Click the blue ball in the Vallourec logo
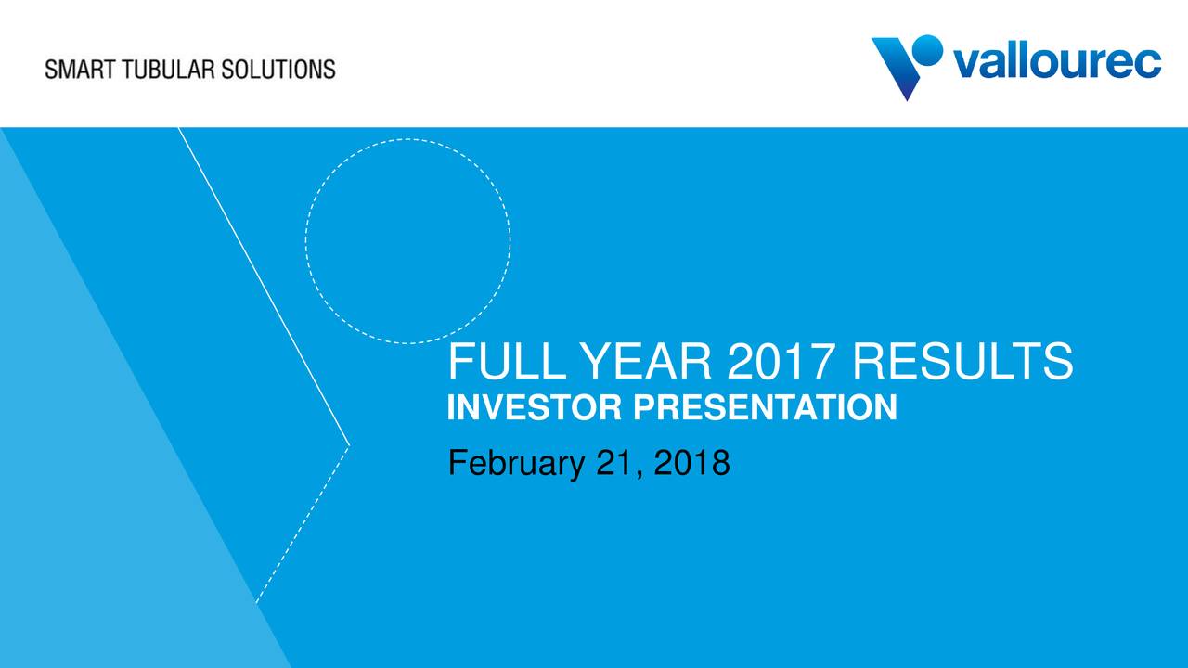click(x=926, y=50)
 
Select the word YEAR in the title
click(x=647, y=361)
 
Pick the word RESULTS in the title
click(x=962, y=361)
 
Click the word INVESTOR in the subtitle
click(x=534, y=407)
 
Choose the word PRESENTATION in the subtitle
click(x=765, y=407)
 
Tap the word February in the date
click(x=516, y=463)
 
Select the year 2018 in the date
click(x=691, y=462)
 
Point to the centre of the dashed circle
click(x=407, y=241)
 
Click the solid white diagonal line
click(x=265, y=287)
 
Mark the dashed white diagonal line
click(x=303, y=525)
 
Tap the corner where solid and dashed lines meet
click(x=350, y=446)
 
